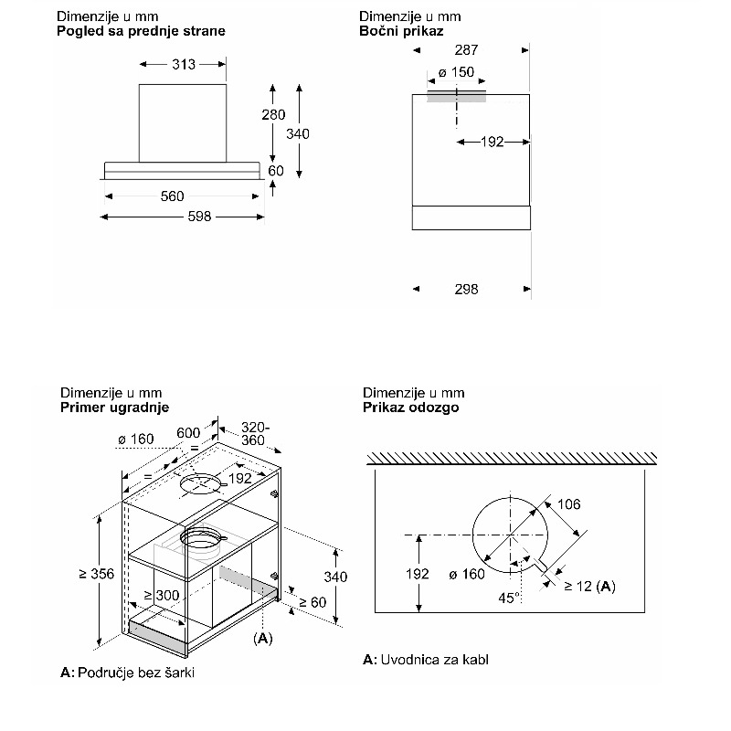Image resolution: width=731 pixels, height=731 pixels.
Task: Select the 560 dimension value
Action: click(x=172, y=196)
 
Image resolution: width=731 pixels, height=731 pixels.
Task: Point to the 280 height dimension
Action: click(x=273, y=115)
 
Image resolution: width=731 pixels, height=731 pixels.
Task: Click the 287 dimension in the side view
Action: click(x=466, y=50)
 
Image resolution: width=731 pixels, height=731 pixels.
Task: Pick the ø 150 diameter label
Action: click(x=456, y=73)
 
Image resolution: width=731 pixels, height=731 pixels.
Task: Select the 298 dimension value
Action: click(x=466, y=289)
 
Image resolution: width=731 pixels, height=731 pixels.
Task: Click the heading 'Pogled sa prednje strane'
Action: click(x=141, y=30)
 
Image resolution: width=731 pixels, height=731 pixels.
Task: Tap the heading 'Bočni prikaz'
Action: click(x=401, y=30)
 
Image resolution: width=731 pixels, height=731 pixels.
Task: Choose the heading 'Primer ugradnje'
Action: click(x=114, y=407)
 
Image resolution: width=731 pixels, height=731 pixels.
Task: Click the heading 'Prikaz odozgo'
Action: click(x=410, y=407)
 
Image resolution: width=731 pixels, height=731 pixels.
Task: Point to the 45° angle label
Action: click(x=509, y=597)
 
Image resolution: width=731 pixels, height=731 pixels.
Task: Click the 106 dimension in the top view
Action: click(x=568, y=504)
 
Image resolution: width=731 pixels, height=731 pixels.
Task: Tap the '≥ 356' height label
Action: click(x=96, y=573)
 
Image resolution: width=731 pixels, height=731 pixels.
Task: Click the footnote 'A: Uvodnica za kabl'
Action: click(x=425, y=660)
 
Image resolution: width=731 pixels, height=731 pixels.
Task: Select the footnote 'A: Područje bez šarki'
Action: click(x=128, y=673)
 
